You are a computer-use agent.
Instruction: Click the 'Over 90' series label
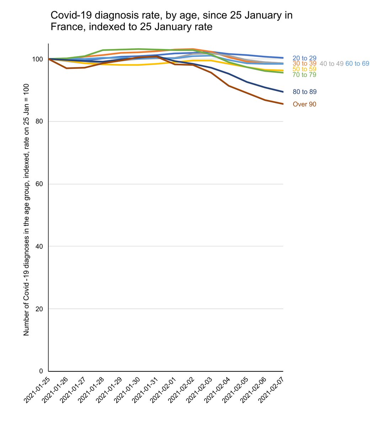[304, 104]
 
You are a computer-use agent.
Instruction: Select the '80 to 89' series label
[304, 92]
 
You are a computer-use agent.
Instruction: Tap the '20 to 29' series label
[304, 58]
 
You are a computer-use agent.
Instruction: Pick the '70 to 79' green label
[304, 75]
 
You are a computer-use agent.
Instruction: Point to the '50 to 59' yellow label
[304, 69]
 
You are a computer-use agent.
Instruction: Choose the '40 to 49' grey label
[331, 64]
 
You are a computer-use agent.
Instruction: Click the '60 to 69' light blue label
[357, 64]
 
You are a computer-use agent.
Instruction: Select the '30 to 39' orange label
[304, 64]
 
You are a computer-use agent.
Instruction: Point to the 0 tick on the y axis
[41, 371]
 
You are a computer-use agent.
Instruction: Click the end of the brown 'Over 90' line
[283, 104]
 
